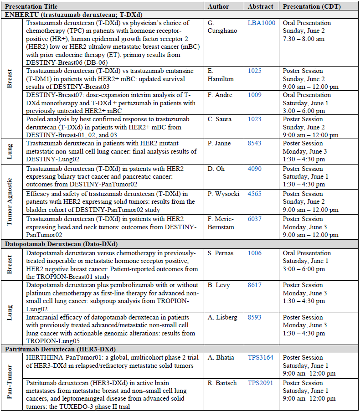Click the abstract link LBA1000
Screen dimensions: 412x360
[261, 23]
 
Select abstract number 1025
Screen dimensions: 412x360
[254, 71]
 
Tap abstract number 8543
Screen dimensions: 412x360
[255, 143]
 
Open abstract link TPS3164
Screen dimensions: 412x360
[260, 357]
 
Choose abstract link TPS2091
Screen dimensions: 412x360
[260, 383]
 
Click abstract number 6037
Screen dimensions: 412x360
[255, 219]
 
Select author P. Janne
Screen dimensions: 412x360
[219, 143]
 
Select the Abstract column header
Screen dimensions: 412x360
[261, 6]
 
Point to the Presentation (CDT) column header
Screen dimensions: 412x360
[312, 6]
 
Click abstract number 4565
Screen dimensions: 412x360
[255, 194]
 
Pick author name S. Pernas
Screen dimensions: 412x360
[220, 253]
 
